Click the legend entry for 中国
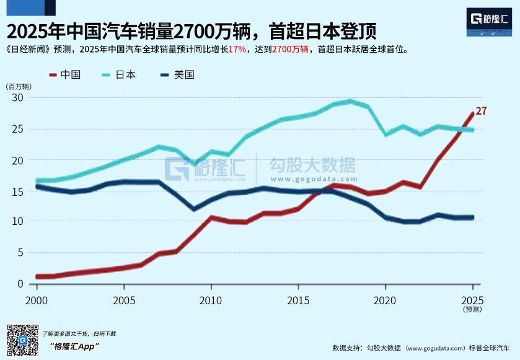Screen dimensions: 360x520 click(65, 75)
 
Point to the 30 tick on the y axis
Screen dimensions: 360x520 click(17, 98)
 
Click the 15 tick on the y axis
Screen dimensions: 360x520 click(17, 191)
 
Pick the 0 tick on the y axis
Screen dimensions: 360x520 click(20, 284)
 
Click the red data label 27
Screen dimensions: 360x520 click(481, 112)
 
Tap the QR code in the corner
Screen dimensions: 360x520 click(22, 339)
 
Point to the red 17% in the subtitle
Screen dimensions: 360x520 click(236, 50)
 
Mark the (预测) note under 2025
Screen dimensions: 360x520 click(472, 308)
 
